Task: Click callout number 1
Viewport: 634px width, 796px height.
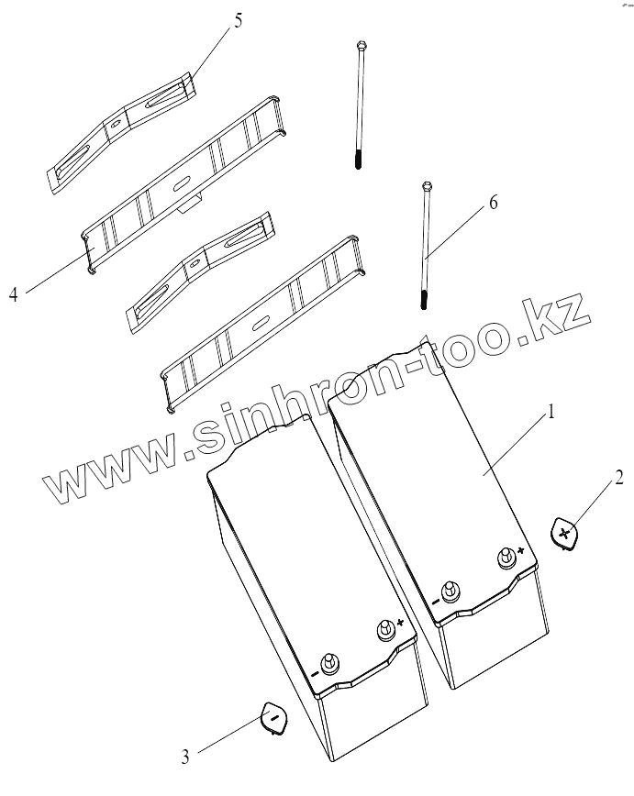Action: pos(551,414)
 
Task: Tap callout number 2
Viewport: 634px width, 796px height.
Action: pos(620,477)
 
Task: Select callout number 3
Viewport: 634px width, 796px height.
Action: pos(185,757)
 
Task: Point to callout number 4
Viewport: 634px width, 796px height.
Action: pos(13,294)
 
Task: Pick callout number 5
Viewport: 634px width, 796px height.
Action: pos(238,20)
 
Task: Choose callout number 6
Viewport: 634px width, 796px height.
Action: pos(493,203)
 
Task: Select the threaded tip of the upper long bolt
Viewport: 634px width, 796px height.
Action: pos(357,162)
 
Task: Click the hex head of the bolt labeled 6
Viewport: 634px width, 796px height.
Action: pos(427,186)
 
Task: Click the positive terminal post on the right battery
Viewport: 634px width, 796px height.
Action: pos(505,557)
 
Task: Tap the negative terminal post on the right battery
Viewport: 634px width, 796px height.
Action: pos(449,590)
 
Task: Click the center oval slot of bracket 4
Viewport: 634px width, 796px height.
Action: pos(180,181)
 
